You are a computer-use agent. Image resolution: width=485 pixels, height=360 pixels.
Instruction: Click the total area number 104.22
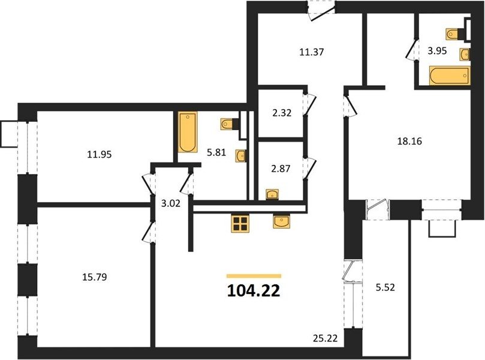point(254,290)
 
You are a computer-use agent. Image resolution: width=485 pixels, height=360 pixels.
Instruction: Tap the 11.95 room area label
point(100,154)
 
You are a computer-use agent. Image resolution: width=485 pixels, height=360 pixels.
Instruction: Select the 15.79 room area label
point(95,277)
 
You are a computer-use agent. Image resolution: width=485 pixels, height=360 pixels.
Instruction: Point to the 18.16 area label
point(409,141)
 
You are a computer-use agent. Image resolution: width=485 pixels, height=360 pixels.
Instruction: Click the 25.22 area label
point(324,338)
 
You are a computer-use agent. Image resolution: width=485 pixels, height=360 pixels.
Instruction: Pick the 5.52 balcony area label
point(385,287)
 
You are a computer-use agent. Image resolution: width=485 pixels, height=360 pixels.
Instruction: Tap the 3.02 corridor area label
point(171,203)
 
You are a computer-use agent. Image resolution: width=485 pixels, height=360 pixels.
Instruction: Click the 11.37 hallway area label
point(312,52)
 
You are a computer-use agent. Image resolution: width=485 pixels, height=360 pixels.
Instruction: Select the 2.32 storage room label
point(282,113)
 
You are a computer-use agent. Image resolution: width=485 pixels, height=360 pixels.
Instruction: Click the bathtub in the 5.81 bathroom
point(188,132)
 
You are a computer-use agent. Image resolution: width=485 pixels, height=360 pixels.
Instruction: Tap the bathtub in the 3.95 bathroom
point(450,75)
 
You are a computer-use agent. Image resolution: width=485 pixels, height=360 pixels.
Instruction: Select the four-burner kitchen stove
point(240,223)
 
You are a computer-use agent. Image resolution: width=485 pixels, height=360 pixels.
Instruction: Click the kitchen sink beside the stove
point(281,221)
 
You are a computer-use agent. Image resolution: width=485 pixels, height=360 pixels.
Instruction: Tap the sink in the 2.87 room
point(272,194)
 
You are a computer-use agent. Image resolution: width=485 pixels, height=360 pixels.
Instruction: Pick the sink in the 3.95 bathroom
point(465,55)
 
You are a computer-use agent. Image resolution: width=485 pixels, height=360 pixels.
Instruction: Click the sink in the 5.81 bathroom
point(240,156)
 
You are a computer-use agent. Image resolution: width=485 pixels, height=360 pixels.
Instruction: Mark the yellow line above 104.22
point(254,276)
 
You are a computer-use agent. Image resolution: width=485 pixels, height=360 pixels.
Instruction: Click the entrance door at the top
point(321,11)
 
